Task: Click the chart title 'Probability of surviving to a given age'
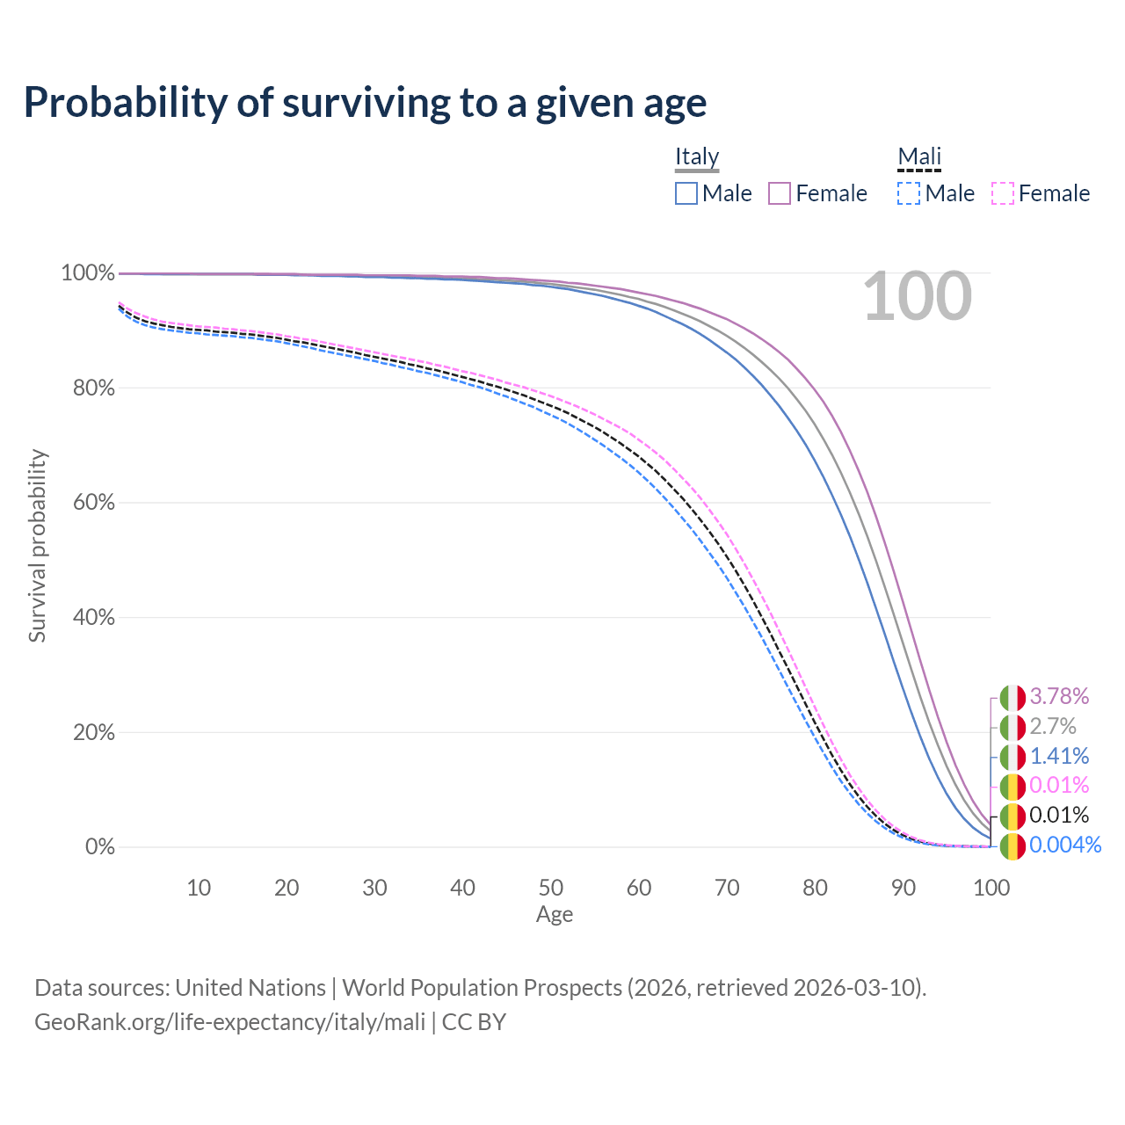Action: [x=365, y=104]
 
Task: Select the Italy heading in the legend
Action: [x=697, y=156]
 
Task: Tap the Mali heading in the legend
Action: [x=919, y=156]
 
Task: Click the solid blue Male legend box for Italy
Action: [x=686, y=193]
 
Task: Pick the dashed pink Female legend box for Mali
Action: [x=1003, y=193]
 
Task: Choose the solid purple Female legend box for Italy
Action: [x=780, y=193]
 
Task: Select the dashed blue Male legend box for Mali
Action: [x=909, y=193]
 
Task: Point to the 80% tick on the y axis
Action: [x=93, y=388]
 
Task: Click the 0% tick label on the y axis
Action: [x=100, y=846]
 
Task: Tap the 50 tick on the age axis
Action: [x=550, y=888]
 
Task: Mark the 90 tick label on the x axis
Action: [x=904, y=888]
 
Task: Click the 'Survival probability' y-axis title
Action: [x=38, y=546]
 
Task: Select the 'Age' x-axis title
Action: [x=555, y=915]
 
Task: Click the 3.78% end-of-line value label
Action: [x=1059, y=696]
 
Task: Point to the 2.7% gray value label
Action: [x=1053, y=726]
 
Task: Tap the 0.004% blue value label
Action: [x=1065, y=845]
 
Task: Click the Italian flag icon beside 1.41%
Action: [x=1012, y=758]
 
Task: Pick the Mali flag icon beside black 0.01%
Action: [x=1012, y=817]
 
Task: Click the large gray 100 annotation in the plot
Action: [x=918, y=296]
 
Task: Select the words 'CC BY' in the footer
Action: [x=474, y=1022]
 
